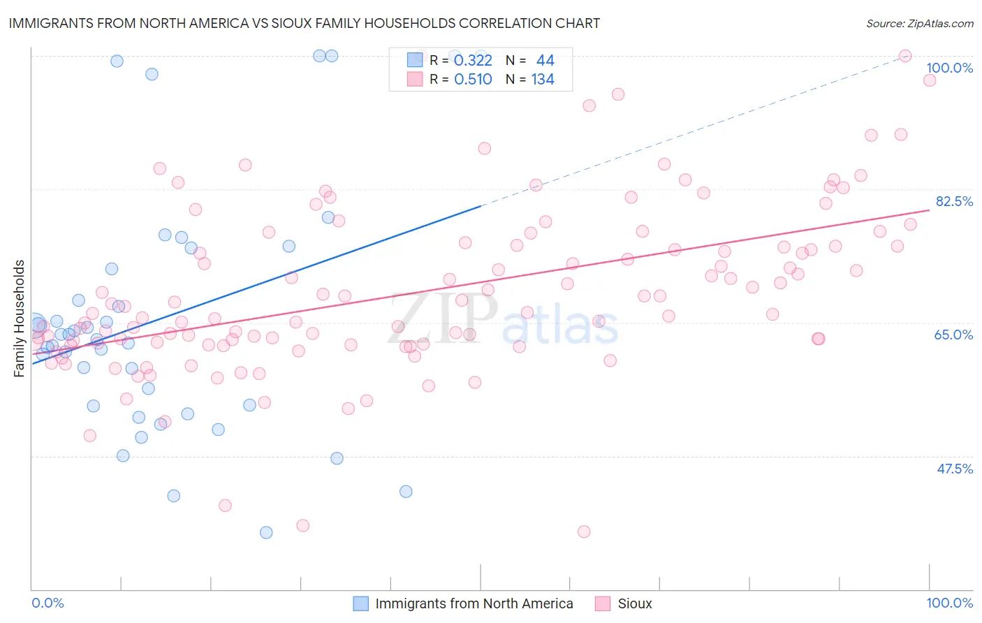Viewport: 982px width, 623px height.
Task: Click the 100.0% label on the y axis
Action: click(x=949, y=68)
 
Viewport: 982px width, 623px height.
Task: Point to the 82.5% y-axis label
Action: click(x=954, y=201)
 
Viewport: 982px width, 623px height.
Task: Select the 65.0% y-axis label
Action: click(x=953, y=335)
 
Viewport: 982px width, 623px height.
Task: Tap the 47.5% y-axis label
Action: click(x=955, y=469)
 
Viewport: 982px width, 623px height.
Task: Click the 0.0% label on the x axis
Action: click(x=47, y=603)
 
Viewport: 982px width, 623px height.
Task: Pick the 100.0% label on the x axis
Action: click(x=949, y=603)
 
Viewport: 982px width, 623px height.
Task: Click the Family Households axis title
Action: click(x=20, y=318)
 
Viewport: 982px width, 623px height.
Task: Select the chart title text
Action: click(x=304, y=23)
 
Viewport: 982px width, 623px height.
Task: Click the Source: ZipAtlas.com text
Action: click(x=919, y=23)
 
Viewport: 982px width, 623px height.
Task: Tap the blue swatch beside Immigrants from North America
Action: click(x=360, y=603)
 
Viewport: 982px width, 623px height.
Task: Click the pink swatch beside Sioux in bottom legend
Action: click(x=603, y=603)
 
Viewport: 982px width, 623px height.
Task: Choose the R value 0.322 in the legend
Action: click(x=473, y=61)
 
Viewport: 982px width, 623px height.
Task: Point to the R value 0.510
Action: click(x=473, y=80)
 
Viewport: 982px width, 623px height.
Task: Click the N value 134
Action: click(x=543, y=80)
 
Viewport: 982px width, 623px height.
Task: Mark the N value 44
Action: click(x=545, y=61)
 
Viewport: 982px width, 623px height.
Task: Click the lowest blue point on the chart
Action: click(x=266, y=532)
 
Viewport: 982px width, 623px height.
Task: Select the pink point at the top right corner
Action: click(x=905, y=56)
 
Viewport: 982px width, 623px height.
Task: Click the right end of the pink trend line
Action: click(x=930, y=210)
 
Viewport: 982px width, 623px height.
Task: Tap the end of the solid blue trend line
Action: click(x=481, y=206)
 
